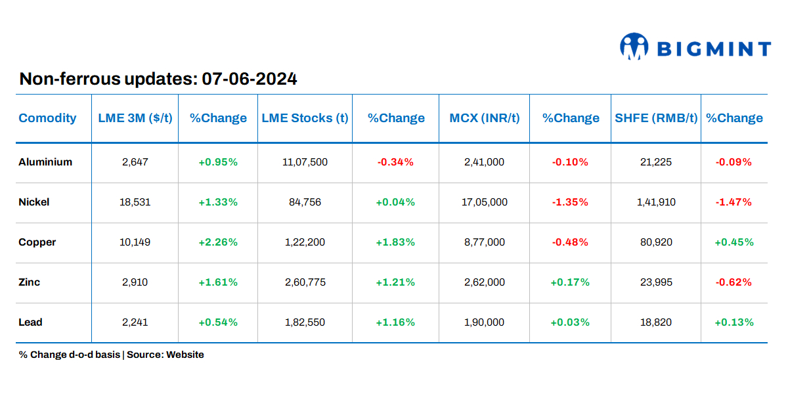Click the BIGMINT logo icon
(x=634, y=47)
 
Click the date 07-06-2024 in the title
(x=250, y=79)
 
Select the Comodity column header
(x=47, y=118)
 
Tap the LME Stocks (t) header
(x=305, y=118)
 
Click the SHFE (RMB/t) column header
(x=655, y=118)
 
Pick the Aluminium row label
(x=45, y=162)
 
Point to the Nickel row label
(x=34, y=202)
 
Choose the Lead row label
(x=30, y=322)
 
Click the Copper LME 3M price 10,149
(x=135, y=242)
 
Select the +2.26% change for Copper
(x=218, y=242)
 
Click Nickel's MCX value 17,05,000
(x=485, y=202)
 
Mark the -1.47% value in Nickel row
(x=733, y=202)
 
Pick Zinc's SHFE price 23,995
(x=655, y=282)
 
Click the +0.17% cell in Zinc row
(x=569, y=282)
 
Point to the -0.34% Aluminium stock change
(x=395, y=162)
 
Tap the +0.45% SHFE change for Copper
(x=733, y=242)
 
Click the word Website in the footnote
(x=185, y=355)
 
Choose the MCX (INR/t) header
(x=485, y=118)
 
